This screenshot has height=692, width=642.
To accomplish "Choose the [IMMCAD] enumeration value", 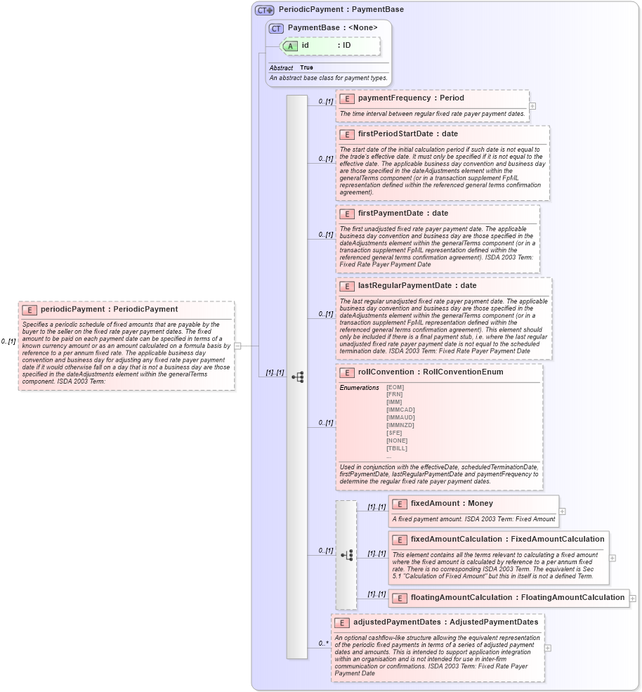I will coord(400,410).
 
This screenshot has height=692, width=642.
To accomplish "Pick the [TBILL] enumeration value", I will coord(396,448).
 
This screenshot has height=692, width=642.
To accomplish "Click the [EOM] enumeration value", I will coord(395,387).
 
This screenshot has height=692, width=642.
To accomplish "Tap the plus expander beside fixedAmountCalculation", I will coord(612,558).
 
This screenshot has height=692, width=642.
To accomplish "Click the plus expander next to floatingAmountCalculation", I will coord(633,598).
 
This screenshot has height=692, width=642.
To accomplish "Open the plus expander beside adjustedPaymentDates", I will coord(548,648).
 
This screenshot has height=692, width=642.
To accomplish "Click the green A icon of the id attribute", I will coord(290,46).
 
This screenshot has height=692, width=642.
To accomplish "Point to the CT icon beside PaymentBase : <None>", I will coord(276,27).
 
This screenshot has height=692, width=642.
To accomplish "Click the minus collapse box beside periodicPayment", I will coord(237,346).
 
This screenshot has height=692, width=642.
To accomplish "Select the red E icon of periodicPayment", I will coord(30,309).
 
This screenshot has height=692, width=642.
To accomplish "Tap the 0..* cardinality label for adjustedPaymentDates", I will coord(323,643).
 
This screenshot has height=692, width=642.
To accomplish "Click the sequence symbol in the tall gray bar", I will coord(297,377).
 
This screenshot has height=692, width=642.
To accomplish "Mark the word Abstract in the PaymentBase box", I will coord(281,67).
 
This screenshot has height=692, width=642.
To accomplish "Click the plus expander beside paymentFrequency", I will coord(532,106).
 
